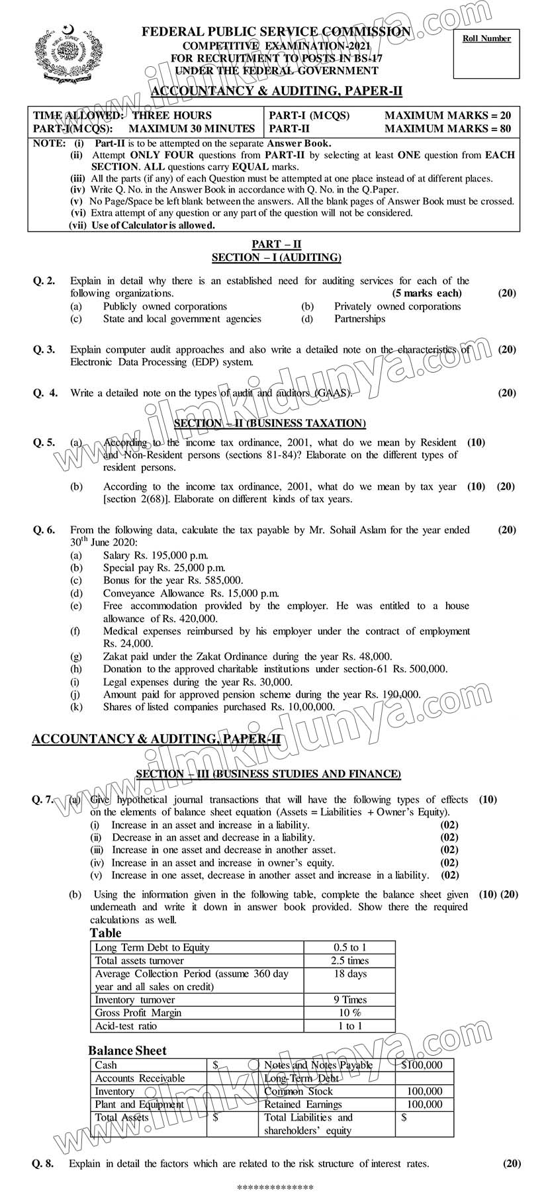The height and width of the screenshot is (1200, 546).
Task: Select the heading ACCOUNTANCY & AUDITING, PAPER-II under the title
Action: coord(277,91)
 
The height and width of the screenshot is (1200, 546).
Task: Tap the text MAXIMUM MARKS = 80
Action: coord(447,128)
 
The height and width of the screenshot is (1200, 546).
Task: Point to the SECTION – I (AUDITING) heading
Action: coord(277,257)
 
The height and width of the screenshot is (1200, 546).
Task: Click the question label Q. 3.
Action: coord(44,349)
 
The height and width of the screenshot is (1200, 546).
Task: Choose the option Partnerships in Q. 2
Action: coord(359,318)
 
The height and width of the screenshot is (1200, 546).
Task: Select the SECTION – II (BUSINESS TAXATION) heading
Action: coord(269,423)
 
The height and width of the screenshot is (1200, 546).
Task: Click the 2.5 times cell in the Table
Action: coord(350,960)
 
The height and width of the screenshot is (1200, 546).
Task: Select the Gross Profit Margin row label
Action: coord(138,1013)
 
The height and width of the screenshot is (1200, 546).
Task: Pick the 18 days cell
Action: coord(350,974)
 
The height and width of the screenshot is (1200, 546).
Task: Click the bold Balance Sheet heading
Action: coord(127,1050)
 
